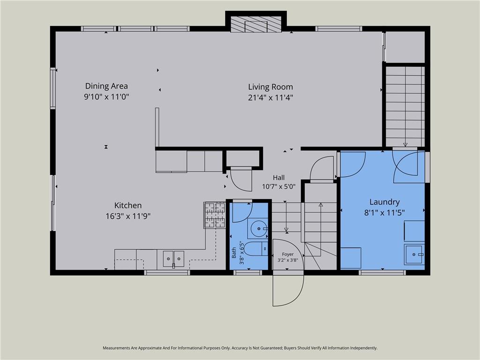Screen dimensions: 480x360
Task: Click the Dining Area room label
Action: [106, 86]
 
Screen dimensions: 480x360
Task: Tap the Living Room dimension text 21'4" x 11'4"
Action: [270, 97]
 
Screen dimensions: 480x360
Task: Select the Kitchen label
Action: [128, 205]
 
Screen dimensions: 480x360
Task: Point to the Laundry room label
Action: [384, 202]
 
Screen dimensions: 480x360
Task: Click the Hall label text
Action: [278, 178]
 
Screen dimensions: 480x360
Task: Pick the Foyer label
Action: [288, 255]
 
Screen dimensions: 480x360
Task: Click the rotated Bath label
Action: [234, 253]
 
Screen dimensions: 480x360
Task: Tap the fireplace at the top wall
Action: [256, 24]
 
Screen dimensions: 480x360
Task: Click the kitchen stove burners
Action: [215, 215]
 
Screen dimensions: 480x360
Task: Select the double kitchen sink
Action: [173, 259]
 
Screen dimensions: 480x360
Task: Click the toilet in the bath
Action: [256, 249]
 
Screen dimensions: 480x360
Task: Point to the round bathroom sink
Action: [258, 228]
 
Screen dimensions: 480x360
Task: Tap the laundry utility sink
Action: [414, 255]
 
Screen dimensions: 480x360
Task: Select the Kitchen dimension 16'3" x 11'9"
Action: [128, 217]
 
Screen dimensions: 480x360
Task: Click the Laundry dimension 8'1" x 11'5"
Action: [384, 212]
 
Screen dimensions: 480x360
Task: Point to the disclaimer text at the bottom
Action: [240, 348]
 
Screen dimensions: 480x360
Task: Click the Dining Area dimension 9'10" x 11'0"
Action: [106, 97]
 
